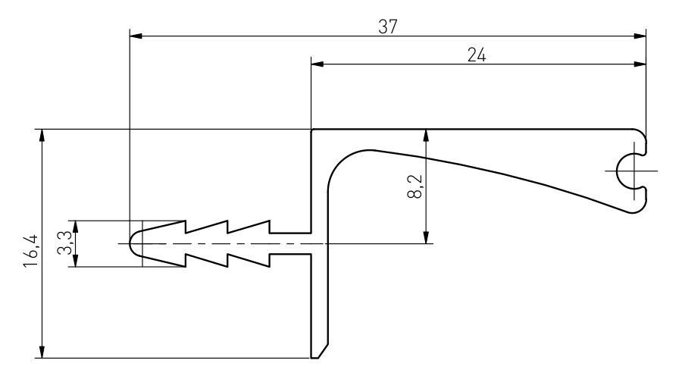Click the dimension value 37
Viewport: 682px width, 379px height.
click(x=388, y=25)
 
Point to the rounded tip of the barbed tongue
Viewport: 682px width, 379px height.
click(x=133, y=243)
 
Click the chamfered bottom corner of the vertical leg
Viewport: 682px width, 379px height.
click(x=321, y=351)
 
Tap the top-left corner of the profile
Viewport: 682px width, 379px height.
click(x=312, y=130)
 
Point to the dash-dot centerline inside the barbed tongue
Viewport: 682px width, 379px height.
click(x=227, y=243)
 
